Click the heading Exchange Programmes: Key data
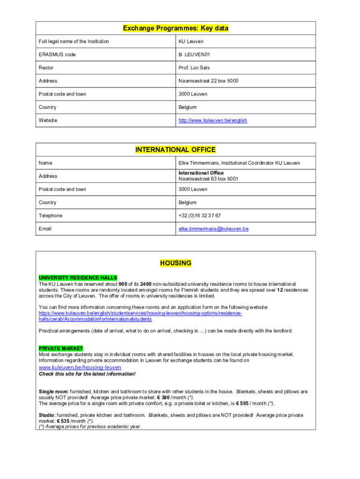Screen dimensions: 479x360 [175, 29]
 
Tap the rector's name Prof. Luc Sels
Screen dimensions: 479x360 [194, 68]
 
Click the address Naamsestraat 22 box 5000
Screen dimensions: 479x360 [208, 81]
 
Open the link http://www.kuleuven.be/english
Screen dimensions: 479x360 [213, 121]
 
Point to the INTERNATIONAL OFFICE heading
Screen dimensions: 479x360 [175, 150]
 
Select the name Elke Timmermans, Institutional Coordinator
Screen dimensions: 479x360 [239, 163]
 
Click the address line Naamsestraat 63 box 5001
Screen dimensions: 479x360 [208, 179]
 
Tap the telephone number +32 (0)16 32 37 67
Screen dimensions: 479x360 [200, 216]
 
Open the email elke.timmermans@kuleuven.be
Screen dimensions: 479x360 [213, 229]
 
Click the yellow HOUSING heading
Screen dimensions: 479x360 [176, 263]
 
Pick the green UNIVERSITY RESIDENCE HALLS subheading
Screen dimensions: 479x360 [78, 278]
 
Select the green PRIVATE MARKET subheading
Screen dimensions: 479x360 [61, 348]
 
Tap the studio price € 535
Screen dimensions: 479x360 [60, 421]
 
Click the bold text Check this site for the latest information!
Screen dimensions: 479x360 [87, 374]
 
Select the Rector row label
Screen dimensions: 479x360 [46, 68]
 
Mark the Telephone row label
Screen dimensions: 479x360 [50, 216]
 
